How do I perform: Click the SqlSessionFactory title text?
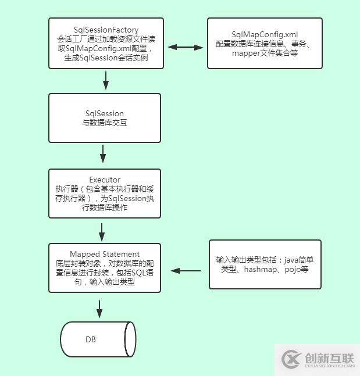105,29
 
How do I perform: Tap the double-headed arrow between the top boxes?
185,47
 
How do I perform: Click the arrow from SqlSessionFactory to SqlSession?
105,80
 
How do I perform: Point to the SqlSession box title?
105,113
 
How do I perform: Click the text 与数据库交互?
105,123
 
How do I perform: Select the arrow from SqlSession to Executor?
103,154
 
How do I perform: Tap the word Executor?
105,180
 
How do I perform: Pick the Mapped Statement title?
105,254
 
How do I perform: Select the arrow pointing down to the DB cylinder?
99,309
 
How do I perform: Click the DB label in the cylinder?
91,339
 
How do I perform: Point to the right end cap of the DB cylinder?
130,339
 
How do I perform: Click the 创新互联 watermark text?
329,357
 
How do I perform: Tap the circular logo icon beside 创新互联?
290,360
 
